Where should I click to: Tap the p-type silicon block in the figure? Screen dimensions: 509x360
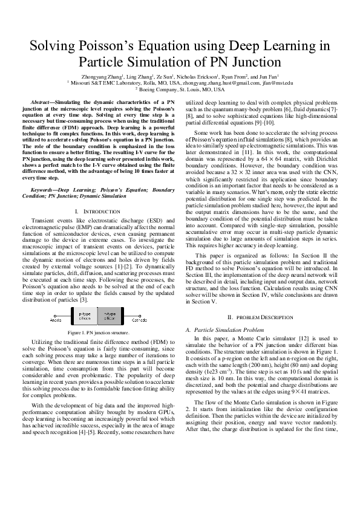click(85, 315)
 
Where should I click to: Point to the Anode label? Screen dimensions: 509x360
click(56, 320)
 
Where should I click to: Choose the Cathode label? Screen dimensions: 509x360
click(140, 320)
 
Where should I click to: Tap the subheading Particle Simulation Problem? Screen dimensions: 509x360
click(221, 329)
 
